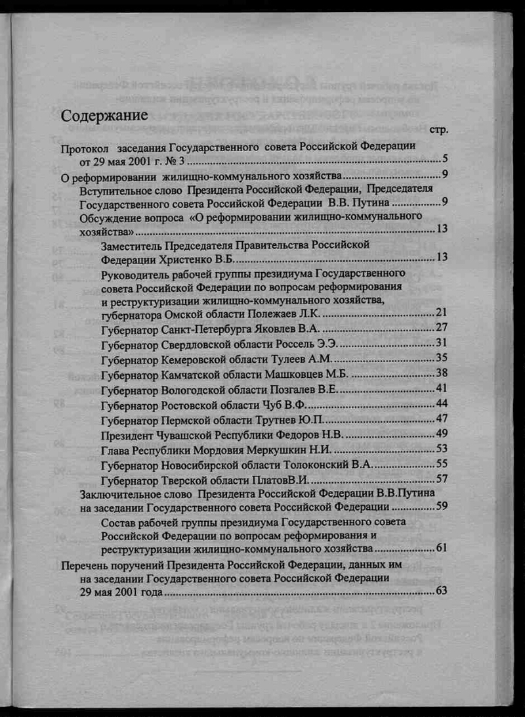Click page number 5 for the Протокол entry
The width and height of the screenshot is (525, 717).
click(x=444, y=158)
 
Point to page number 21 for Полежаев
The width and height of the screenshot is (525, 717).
click(x=441, y=312)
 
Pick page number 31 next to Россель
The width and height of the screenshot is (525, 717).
click(x=441, y=343)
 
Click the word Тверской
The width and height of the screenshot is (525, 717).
click(x=186, y=480)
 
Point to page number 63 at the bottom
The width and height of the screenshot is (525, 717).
click(x=441, y=591)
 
